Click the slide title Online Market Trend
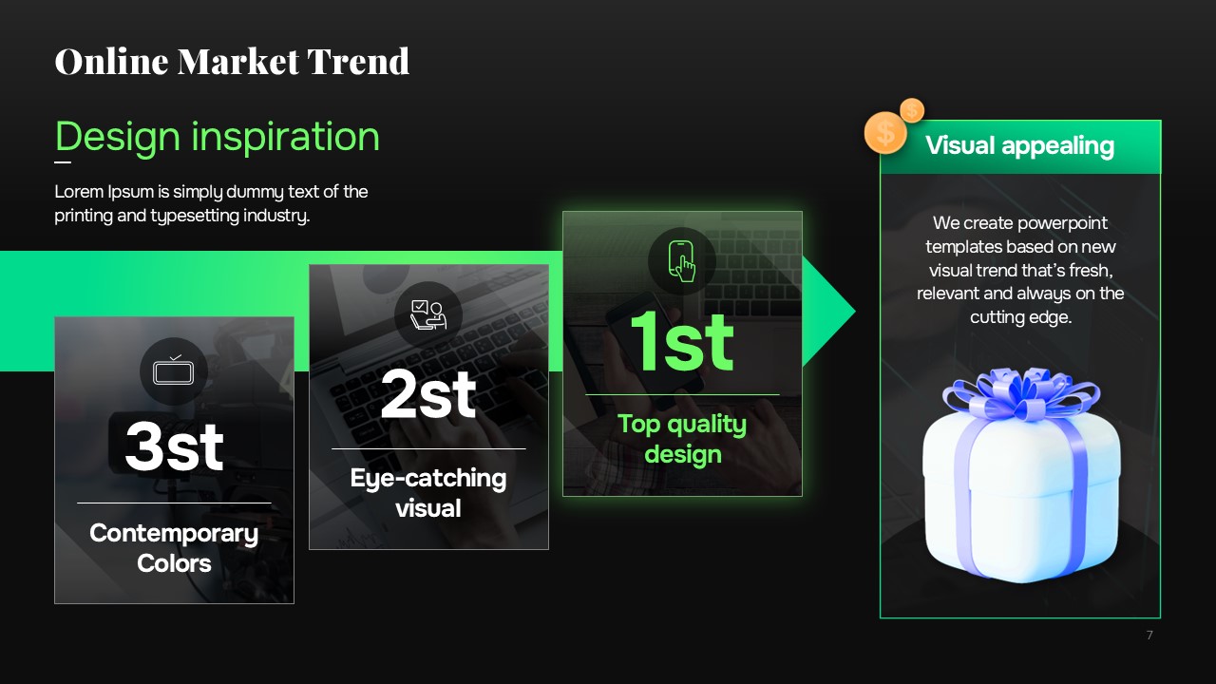click(x=232, y=61)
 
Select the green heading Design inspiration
click(x=218, y=137)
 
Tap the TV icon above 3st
click(x=173, y=371)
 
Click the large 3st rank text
click(x=174, y=446)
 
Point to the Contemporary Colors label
click(x=174, y=548)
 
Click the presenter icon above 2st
click(x=428, y=314)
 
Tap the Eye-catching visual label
click(x=428, y=493)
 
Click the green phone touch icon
click(x=682, y=261)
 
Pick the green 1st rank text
click(x=682, y=341)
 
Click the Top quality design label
click(x=682, y=439)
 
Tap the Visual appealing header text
click(x=1019, y=145)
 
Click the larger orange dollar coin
click(x=885, y=132)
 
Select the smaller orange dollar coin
click(x=912, y=110)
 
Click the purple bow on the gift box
click(x=1021, y=394)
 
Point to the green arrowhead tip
click(x=856, y=312)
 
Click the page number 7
click(x=1149, y=636)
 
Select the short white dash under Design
click(x=63, y=161)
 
